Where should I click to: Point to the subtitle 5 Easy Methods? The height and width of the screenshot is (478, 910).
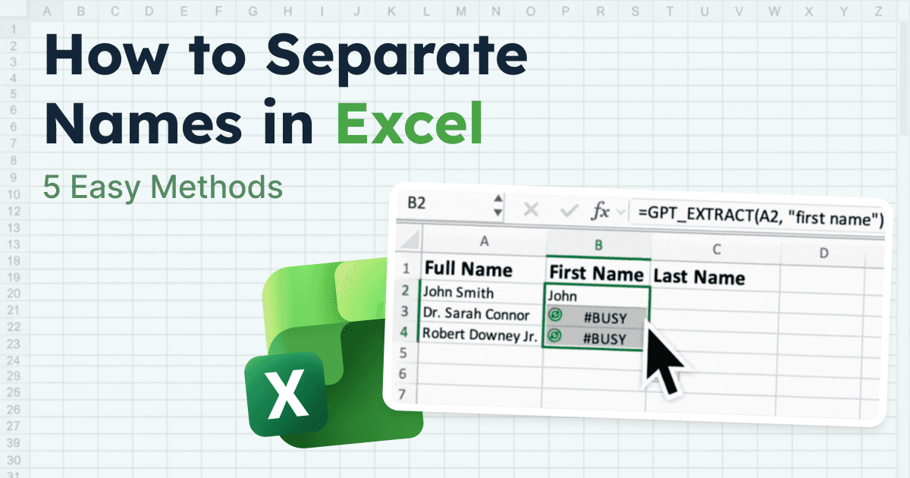162,187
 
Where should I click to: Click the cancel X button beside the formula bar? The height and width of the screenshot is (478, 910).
531,210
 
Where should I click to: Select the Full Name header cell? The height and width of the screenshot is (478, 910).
468,269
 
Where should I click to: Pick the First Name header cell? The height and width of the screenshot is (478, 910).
596,272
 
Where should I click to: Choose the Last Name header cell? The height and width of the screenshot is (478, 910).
698,277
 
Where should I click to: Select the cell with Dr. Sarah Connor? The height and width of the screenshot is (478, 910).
475,313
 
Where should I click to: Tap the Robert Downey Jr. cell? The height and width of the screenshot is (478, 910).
479,333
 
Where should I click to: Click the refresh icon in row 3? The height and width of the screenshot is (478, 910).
555,314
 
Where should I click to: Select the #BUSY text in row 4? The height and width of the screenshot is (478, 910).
604,338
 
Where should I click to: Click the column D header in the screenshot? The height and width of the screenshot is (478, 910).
824,253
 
